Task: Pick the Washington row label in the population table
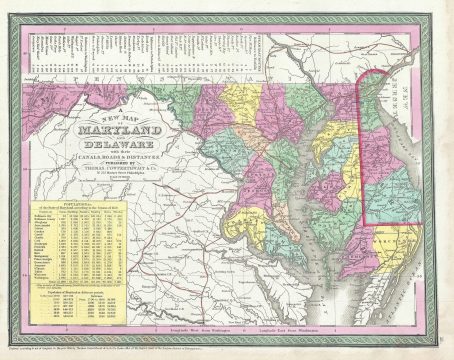36,277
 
